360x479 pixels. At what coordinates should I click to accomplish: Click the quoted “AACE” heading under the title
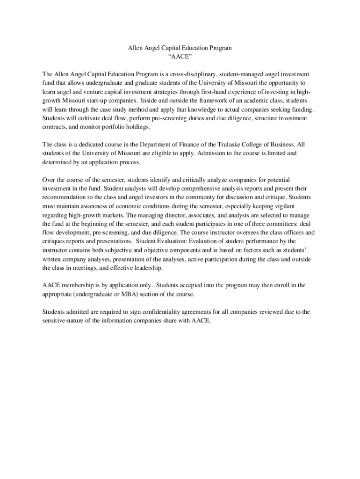click(180, 57)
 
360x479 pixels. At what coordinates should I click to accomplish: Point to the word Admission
click(200, 153)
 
